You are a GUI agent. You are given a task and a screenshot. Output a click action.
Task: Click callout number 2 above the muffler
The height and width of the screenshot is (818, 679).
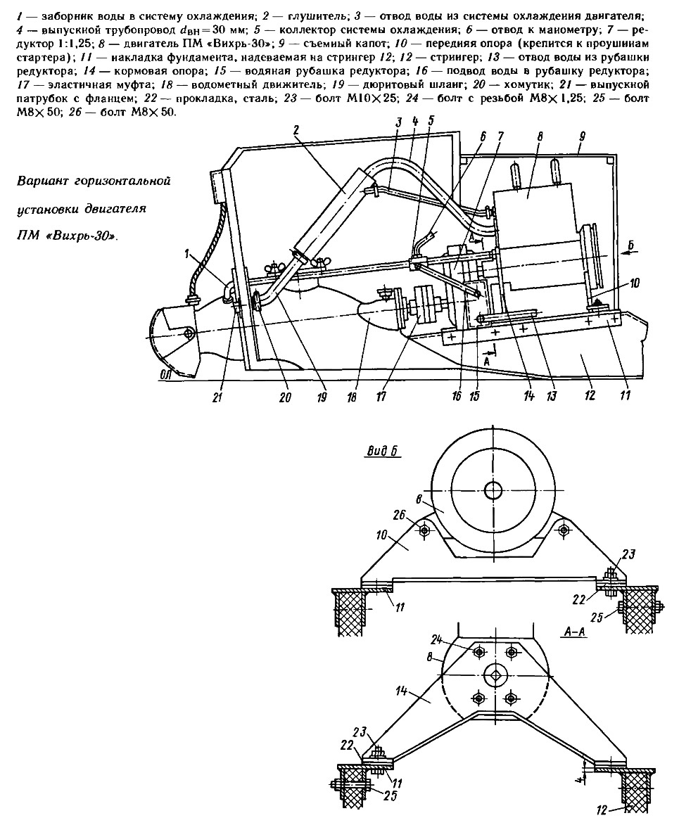point(296,130)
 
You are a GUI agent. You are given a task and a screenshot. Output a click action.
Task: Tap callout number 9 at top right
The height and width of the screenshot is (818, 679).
point(582,136)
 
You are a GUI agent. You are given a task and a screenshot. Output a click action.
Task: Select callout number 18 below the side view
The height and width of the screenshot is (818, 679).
point(353,397)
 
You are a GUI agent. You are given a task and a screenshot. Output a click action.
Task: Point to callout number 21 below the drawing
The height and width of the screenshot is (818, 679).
point(217,397)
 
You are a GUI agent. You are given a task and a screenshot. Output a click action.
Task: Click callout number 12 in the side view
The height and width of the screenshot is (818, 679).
point(591,396)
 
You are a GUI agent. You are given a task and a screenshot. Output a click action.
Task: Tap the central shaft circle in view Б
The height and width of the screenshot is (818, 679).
point(492,490)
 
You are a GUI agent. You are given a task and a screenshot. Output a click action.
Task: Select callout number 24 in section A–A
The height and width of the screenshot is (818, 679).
point(438,639)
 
